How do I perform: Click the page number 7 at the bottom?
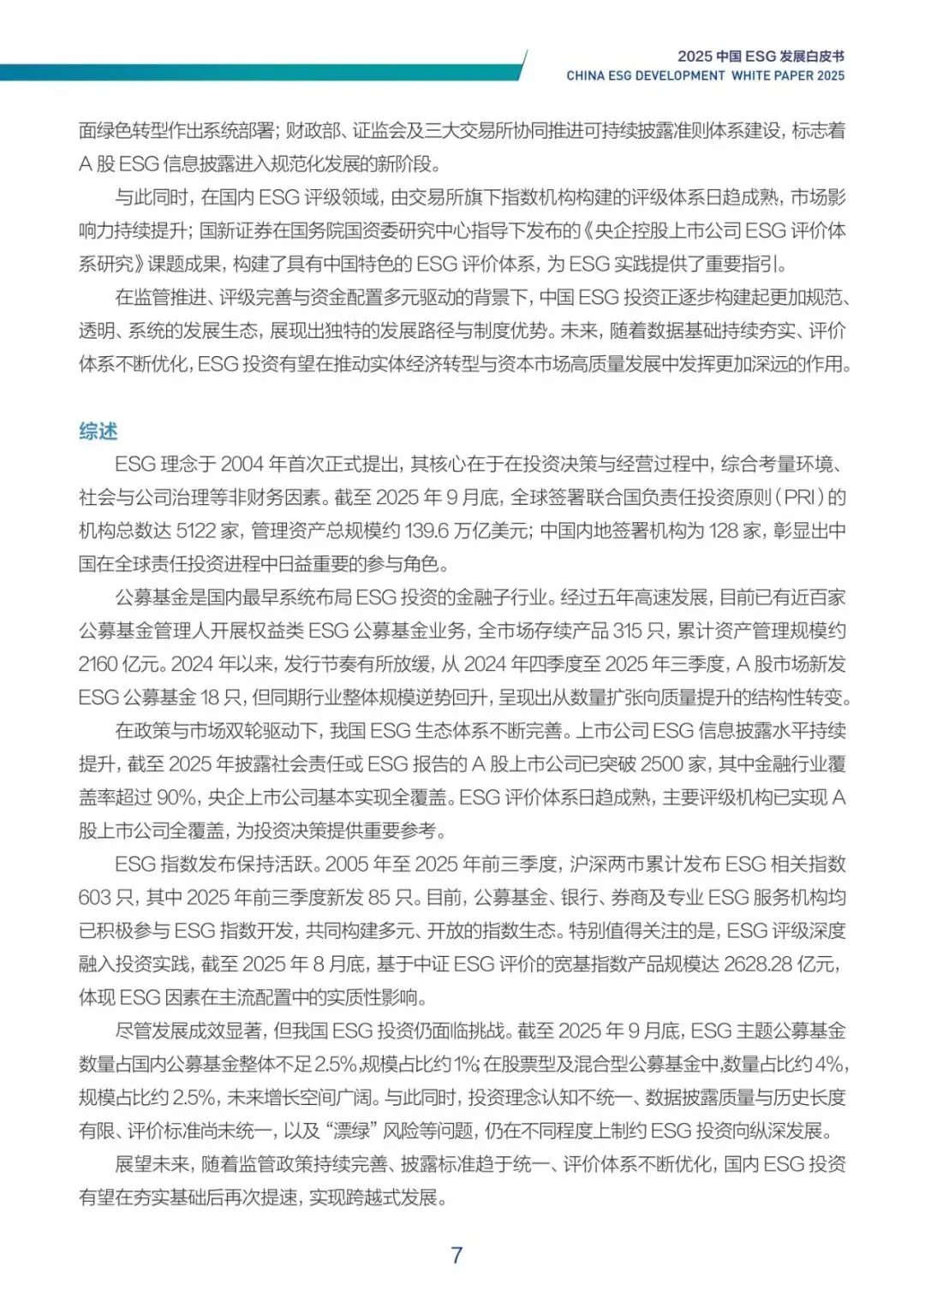[x=457, y=1256]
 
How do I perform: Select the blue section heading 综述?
[x=98, y=431]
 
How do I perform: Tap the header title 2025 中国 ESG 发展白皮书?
[x=761, y=56]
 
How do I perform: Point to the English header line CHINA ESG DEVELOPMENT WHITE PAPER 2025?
[x=705, y=75]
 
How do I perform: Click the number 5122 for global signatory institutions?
[x=196, y=531]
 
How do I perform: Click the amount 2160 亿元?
[x=121, y=664]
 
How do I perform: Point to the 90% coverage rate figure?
[x=176, y=798]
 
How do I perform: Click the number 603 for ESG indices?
[x=94, y=898]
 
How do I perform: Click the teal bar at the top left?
[x=257, y=72]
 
